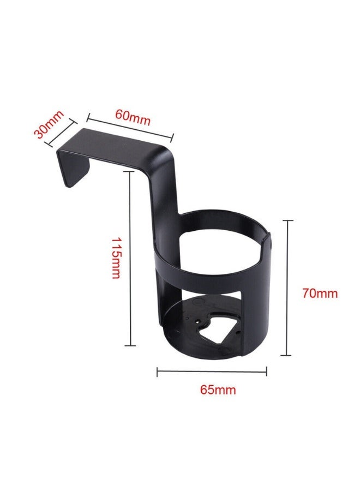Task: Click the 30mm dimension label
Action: pos(49,124)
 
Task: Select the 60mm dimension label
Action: pos(133,117)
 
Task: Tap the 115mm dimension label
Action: pos(115,258)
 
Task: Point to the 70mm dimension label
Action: pos(320,294)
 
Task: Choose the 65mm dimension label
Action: pos(218,390)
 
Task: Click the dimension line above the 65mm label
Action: pos(212,372)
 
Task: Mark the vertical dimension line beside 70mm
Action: pos(286,288)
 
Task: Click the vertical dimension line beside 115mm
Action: pos(130,259)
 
